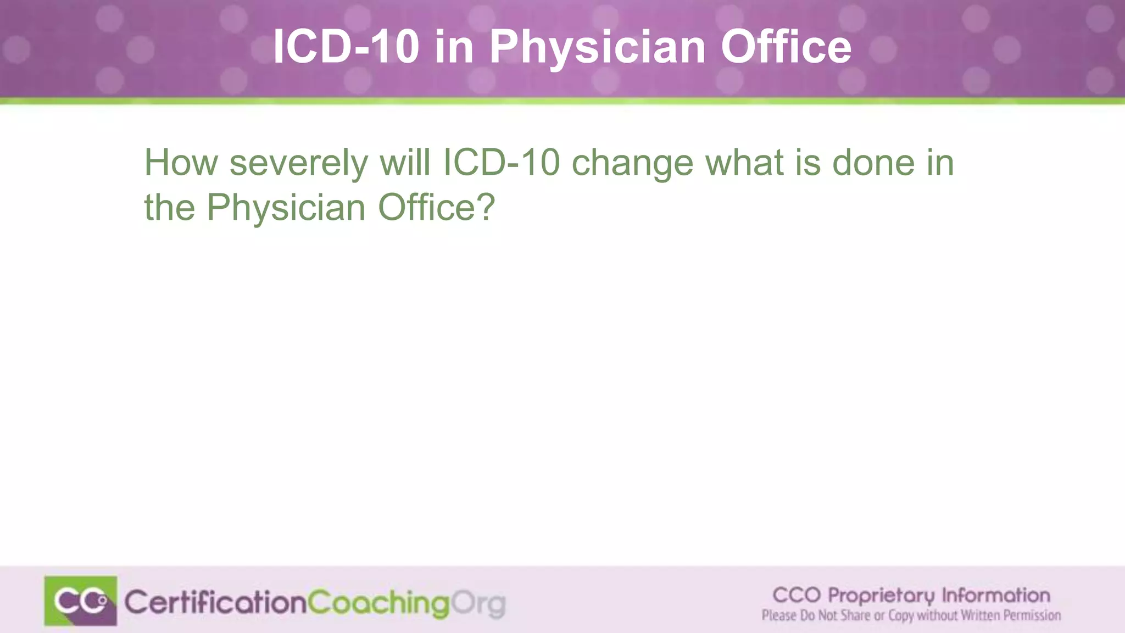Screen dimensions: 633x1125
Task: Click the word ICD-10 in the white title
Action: coord(346,47)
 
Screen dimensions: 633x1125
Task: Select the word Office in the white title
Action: coord(786,47)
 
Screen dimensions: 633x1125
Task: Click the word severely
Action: coord(298,164)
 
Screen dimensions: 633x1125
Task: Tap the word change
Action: coord(632,164)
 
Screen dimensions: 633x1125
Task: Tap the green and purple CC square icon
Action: coord(81,601)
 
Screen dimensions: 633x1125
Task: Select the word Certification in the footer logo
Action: coord(215,603)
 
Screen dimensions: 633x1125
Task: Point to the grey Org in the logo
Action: coord(477,604)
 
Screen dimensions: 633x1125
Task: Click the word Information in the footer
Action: coord(996,595)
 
